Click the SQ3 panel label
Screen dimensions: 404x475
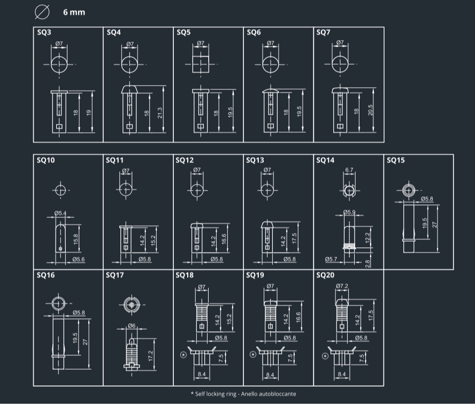point(44,33)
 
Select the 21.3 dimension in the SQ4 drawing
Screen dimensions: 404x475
point(160,113)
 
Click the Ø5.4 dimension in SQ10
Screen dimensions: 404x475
point(60,214)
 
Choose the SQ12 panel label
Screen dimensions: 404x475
point(185,160)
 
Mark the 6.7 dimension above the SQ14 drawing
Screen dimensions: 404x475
point(349,170)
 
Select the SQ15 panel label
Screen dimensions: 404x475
point(395,160)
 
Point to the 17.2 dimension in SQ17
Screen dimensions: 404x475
point(150,354)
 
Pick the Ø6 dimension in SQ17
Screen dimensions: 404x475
point(132,326)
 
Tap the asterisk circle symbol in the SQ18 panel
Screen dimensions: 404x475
point(183,355)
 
